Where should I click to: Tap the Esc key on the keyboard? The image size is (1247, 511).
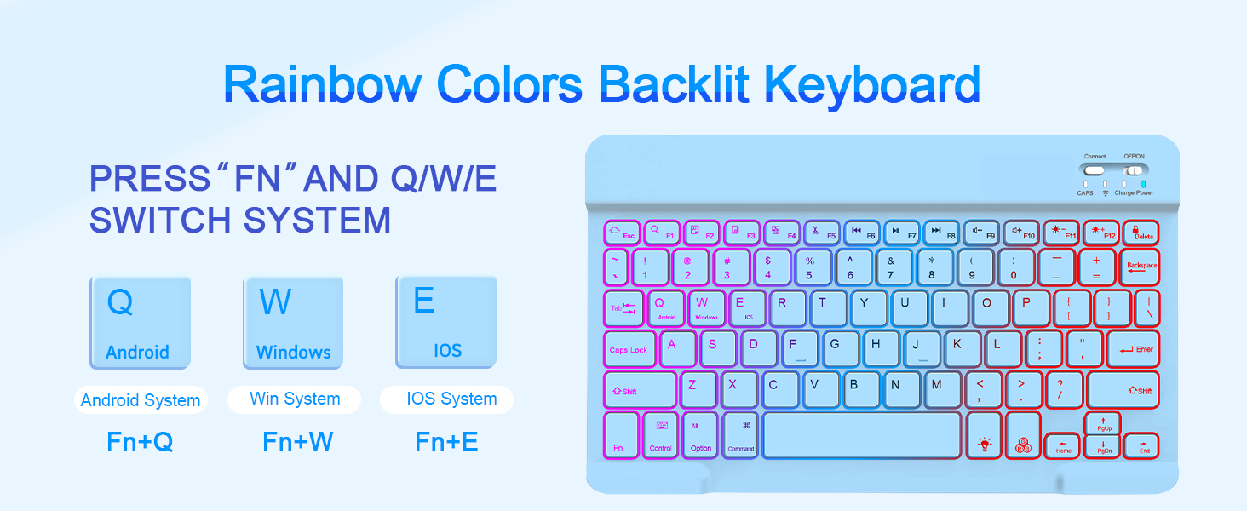pos(621,233)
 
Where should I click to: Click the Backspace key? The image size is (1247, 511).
pos(1140,267)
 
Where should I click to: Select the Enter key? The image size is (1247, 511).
pos(1134,348)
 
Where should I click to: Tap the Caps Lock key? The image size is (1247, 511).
pos(629,349)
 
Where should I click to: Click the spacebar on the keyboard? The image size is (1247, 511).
pos(862,434)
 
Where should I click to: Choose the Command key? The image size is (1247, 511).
pos(740,435)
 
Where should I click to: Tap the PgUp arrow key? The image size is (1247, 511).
pos(1103,423)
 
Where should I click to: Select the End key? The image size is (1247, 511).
pos(1141,445)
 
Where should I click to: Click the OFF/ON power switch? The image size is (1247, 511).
pos(1134,169)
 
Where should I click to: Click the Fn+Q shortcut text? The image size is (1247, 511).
pos(140,442)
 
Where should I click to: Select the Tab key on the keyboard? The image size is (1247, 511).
pos(623,308)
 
